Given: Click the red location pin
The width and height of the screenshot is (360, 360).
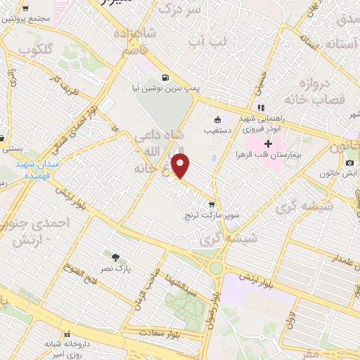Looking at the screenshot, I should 181,167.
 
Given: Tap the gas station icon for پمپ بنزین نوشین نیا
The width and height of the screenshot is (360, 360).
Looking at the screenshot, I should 165,78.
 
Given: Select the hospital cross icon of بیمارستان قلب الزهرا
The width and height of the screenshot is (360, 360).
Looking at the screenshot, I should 269,143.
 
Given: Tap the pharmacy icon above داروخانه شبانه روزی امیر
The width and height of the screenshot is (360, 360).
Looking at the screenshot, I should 67,333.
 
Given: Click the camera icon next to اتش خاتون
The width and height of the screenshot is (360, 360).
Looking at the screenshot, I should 350,163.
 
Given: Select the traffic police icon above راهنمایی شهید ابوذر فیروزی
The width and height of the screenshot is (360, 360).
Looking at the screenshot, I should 261,108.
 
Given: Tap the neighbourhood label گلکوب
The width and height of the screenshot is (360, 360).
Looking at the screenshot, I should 31,51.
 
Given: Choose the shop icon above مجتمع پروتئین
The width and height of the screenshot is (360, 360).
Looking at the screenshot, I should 25,9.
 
